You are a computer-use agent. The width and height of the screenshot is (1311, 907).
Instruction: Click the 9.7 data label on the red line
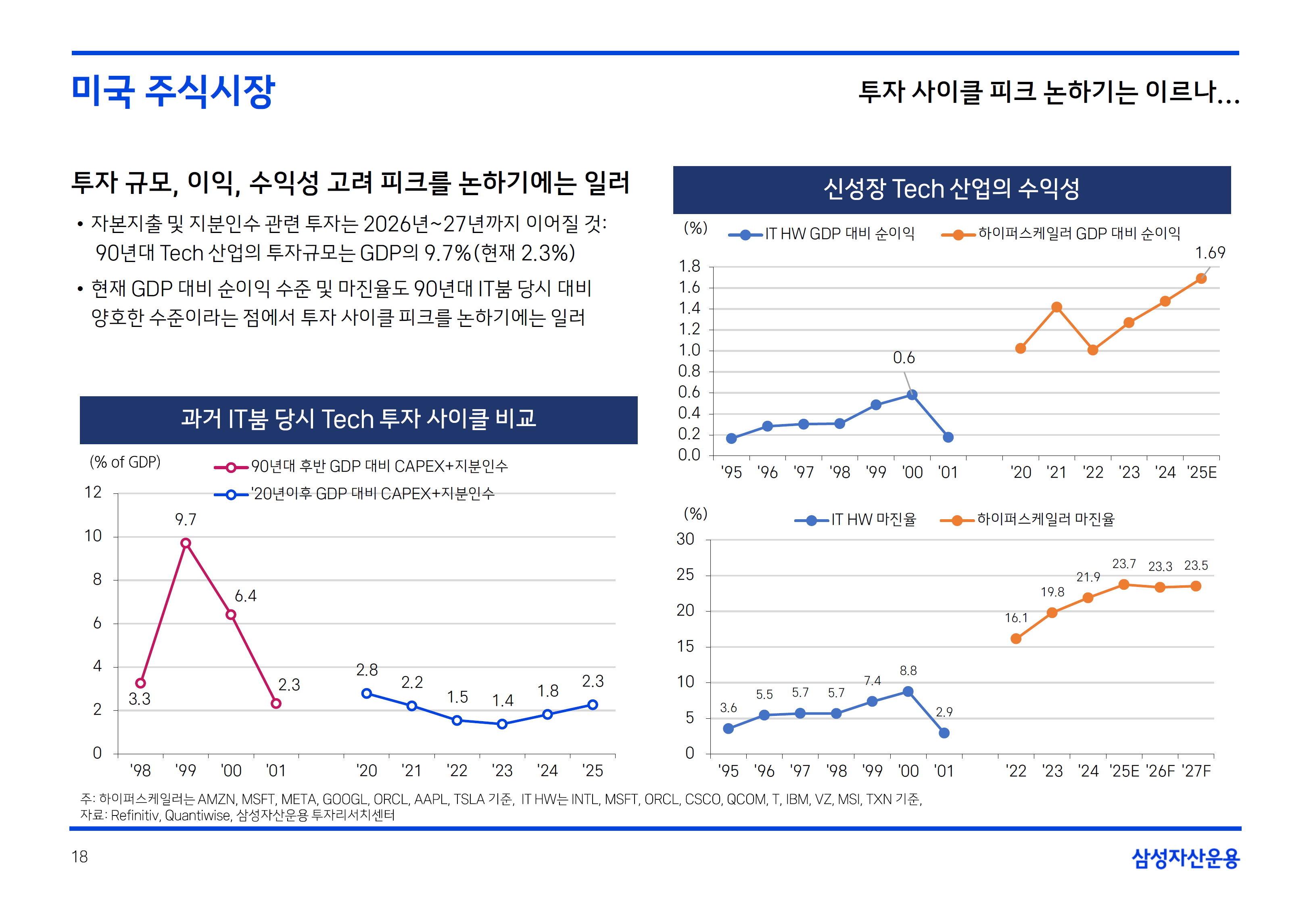(185, 520)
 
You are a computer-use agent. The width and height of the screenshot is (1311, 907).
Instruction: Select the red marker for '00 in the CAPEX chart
(231, 614)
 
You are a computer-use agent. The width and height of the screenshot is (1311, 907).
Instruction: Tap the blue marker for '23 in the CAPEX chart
(502, 724)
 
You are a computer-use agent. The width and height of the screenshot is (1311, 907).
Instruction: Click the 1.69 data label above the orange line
(1210, 253)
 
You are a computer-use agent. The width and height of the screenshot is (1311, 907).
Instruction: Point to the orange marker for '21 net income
(1056, 308)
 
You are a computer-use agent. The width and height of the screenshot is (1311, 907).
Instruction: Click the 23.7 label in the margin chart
(1124, 564)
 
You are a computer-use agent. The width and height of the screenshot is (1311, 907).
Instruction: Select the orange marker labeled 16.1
(1016, 639)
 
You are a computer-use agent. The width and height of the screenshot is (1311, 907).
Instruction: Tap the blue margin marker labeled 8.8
(908, 692)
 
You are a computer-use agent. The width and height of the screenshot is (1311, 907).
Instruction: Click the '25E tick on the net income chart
(1202, 472)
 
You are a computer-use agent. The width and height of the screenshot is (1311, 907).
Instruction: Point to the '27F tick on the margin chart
(1196, 771)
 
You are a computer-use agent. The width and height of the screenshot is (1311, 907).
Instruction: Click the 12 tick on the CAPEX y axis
(93, 492)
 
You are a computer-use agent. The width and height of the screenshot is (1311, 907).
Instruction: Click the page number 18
(79, 857)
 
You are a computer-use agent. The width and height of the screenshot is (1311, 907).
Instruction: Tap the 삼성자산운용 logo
(1186, 857)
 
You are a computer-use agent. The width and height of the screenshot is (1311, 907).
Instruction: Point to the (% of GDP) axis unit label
(125, 462)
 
